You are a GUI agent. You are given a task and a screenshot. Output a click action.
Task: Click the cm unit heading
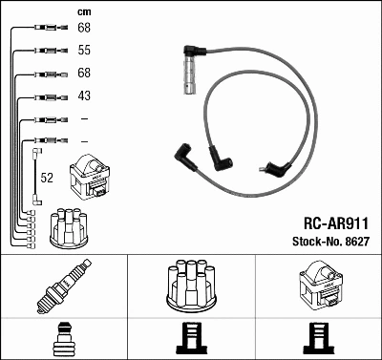pos(83,11)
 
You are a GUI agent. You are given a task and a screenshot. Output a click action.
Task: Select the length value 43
pos(83,95)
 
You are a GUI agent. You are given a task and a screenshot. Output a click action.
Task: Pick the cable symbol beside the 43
pos(47,96)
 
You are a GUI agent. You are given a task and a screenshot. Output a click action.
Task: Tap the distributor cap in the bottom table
pos(191,285)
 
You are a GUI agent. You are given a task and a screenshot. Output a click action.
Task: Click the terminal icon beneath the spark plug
pos(64,339)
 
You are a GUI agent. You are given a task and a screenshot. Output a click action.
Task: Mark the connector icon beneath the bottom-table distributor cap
pos(191,339)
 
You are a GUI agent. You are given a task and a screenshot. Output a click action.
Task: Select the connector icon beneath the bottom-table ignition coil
pos(318,339)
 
